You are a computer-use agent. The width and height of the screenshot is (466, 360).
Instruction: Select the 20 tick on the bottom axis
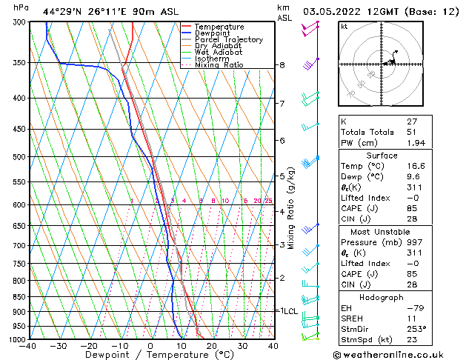212,345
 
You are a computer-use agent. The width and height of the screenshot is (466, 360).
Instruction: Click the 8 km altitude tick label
282,65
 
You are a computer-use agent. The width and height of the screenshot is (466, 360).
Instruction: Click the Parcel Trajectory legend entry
228,39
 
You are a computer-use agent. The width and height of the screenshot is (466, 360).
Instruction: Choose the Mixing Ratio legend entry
219,65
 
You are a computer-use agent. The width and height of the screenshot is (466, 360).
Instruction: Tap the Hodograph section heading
382,296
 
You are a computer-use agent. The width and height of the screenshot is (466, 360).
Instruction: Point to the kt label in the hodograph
344,26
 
